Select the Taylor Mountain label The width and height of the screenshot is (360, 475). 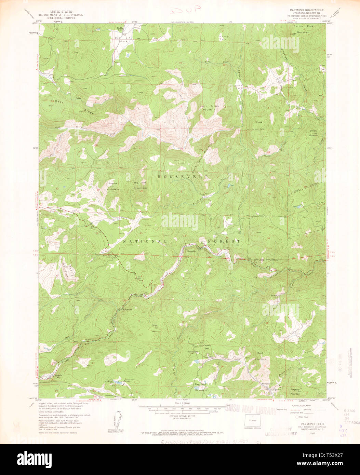(x=113, y=186)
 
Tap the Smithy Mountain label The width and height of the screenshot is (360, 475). (x=314, y=133)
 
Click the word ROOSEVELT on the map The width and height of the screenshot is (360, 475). (x=183, y=177)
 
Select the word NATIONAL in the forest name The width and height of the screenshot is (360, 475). (x=144, y=241)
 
